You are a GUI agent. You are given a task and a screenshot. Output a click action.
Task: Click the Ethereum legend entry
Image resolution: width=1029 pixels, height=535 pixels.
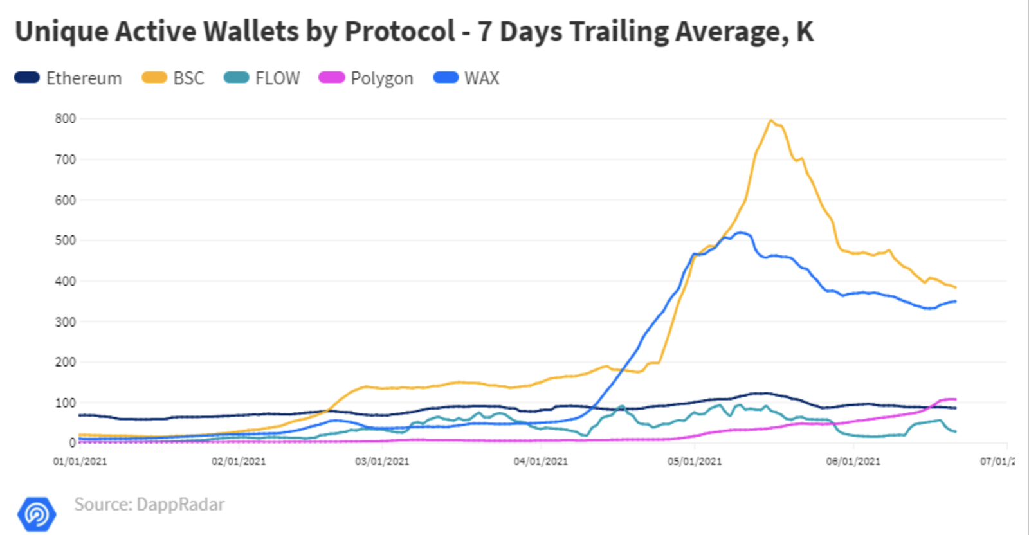click(68, 78)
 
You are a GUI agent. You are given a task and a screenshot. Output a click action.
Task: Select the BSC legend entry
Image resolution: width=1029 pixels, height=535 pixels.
click(173, 78)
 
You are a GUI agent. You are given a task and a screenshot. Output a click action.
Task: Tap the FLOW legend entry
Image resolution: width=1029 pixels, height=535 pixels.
click(262, 78)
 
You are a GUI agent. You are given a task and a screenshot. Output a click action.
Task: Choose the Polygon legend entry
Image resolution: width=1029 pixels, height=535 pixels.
click(367, 78)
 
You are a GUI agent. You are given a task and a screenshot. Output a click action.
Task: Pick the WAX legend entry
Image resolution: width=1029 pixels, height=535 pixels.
click(467, 78)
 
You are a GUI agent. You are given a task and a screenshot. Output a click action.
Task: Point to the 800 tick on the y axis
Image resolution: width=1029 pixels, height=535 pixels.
click(65, 118)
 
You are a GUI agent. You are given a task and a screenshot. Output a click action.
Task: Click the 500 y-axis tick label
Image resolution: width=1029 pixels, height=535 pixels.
click(65, 240)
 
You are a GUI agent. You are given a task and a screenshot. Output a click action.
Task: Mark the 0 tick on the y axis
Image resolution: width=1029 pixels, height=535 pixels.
click(72, 443)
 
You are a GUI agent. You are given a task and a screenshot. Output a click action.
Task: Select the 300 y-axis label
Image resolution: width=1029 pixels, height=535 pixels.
click(65, 322)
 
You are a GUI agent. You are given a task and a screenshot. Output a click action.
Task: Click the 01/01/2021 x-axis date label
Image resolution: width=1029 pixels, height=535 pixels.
click(80, 462)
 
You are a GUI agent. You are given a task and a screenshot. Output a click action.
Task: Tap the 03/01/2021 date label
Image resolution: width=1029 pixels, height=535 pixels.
click(382, 462)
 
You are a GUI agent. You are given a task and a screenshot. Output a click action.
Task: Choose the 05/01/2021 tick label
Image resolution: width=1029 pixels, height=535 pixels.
click(695, 462)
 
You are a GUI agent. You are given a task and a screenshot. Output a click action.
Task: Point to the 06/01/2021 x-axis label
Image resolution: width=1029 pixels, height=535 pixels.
click(853, 462)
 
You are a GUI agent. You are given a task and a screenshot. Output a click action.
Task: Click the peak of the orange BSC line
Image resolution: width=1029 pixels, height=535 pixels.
click(770, 120)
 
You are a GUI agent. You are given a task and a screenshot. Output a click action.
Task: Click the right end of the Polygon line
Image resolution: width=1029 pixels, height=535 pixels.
click(955, 399)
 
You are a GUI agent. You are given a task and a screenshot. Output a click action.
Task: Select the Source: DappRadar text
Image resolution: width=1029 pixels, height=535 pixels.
click(149, 504)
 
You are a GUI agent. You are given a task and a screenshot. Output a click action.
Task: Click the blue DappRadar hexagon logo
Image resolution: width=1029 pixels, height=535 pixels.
click(37, 514)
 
